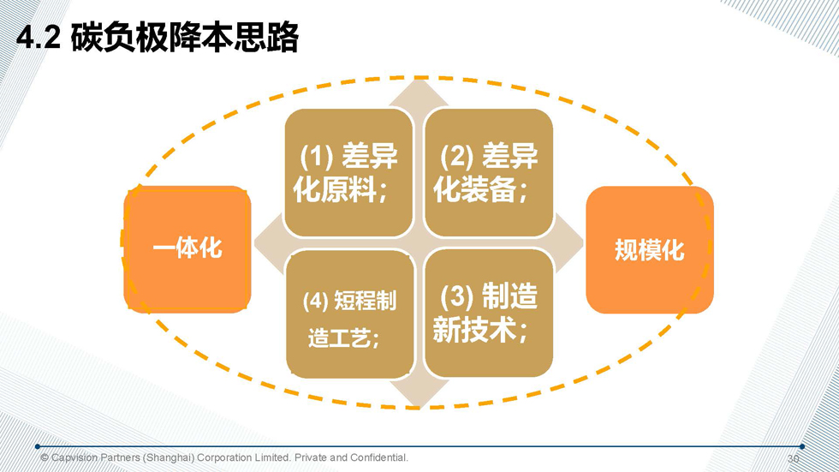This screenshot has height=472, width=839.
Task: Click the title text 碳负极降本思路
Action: tap(184, 38)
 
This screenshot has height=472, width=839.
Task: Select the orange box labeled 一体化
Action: tap(187, 248)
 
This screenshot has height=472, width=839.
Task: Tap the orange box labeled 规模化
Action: tap(649, 249)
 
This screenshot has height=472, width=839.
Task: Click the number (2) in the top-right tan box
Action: tap(456, 157)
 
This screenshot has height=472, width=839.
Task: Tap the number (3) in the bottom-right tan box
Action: tap(456, 298)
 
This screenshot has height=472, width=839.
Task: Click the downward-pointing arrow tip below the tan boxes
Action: tap(419, 397)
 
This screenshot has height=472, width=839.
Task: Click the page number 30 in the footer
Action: tap(793, 458)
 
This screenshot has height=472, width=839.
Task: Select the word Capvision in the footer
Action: tap(74, 458)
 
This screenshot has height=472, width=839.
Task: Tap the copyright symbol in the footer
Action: tap(45, 458)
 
